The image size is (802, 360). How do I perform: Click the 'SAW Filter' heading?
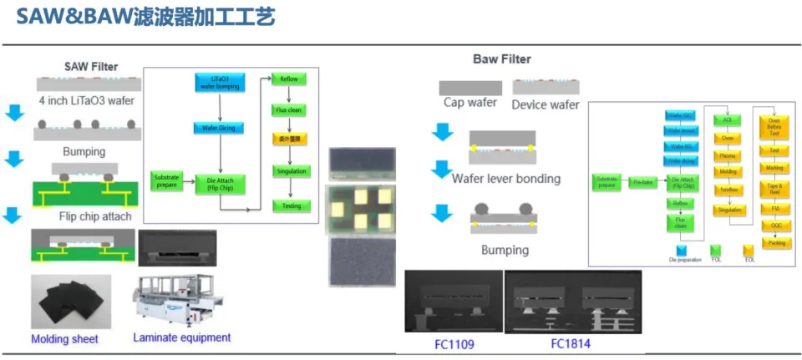(91, 67)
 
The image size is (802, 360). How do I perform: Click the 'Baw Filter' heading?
(501, 59)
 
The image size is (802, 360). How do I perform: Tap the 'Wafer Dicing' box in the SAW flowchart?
(218, 128)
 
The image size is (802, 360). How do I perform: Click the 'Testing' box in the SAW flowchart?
(291, 206)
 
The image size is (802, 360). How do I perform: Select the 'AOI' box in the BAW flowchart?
(727, 119)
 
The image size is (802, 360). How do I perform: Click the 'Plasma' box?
(727, 156)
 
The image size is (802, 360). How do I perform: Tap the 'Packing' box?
(774, 243)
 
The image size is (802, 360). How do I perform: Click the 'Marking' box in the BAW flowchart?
(774, 170)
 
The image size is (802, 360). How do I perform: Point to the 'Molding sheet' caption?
(64, 339)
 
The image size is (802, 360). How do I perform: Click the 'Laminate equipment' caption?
(181, 337)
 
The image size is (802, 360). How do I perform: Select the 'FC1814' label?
(571, 343)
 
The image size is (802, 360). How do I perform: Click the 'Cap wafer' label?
(470, 104)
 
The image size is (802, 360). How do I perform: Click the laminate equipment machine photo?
(179, 300)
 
